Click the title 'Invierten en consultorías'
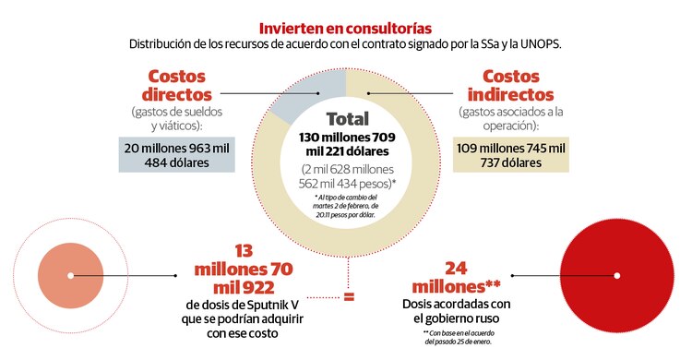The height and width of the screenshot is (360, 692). point(345,29)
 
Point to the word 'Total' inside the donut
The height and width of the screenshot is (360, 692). point(347,119)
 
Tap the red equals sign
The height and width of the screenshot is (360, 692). point(349,297)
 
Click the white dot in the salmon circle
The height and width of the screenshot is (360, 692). point(70,276)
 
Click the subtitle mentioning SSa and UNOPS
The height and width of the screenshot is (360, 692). point(345,44)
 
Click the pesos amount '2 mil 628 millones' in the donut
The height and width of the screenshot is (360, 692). point(347,169)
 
